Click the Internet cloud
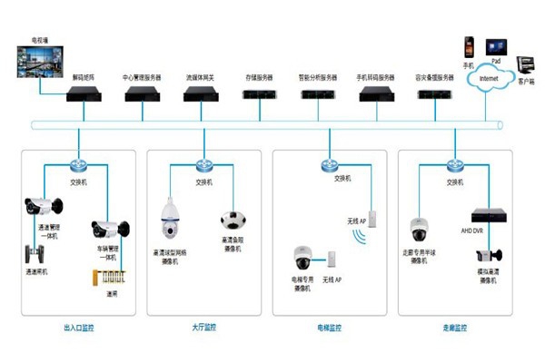tap(490, 79)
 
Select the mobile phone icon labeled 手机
tap(469, 47)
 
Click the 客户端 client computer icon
tap(526, 65)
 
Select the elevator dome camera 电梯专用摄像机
tap(302, 258)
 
